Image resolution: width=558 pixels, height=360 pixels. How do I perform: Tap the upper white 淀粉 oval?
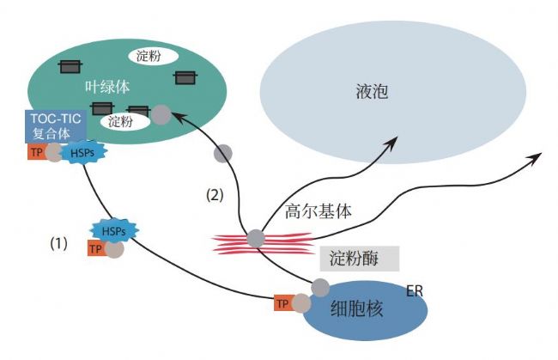coord(152,56)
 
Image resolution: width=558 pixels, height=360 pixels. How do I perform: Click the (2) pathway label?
coord(215,195)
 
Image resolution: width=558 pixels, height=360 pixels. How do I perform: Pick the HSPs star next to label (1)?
coord(113,232)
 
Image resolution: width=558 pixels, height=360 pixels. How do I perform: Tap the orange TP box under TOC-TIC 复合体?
coord(37,153)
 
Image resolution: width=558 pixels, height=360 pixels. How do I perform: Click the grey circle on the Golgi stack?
coord(255,238)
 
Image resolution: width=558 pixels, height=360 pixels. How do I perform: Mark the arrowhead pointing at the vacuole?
coord(393,139)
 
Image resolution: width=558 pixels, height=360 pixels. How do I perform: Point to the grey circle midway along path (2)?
coord(222,154)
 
